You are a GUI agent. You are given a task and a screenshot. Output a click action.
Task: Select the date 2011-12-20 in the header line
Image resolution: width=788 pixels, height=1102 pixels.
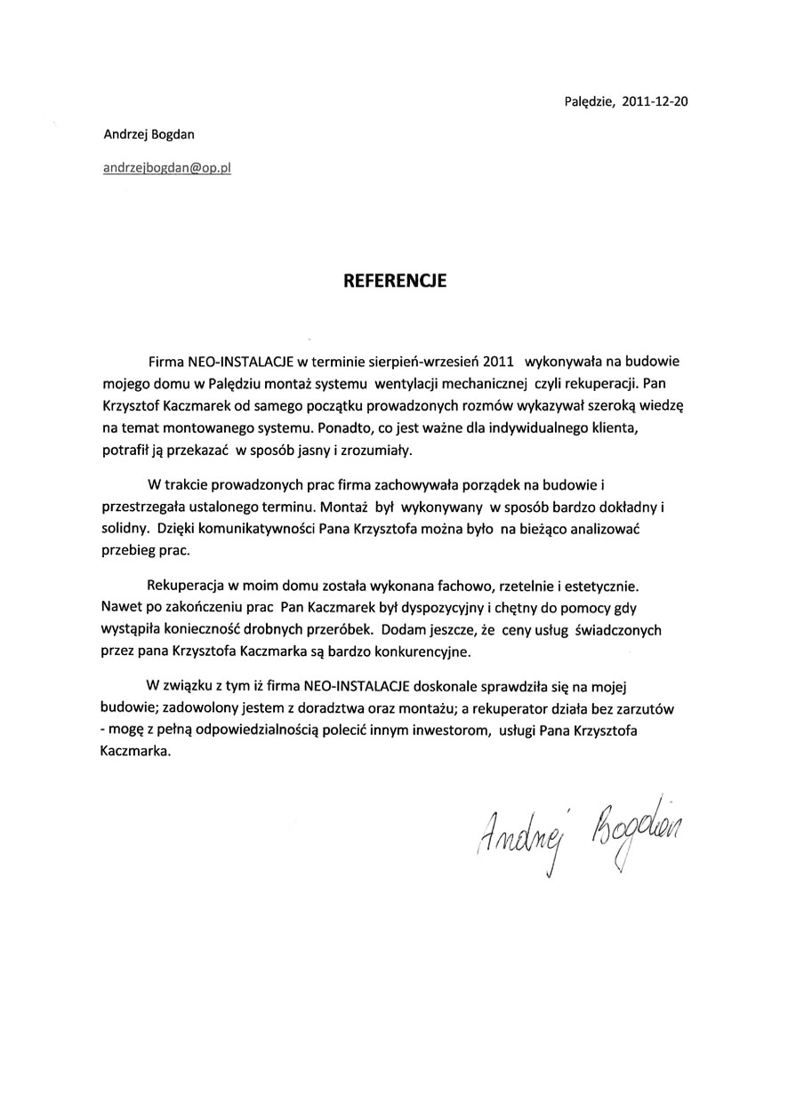coord(655,101)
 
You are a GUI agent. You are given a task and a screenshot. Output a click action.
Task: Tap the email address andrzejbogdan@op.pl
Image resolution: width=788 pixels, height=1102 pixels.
coord(167,167)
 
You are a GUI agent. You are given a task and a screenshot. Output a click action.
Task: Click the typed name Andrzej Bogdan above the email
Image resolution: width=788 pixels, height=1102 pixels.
coord(149,134)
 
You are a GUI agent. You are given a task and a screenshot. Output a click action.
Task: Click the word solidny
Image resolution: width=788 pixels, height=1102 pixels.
coord(125,529)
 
